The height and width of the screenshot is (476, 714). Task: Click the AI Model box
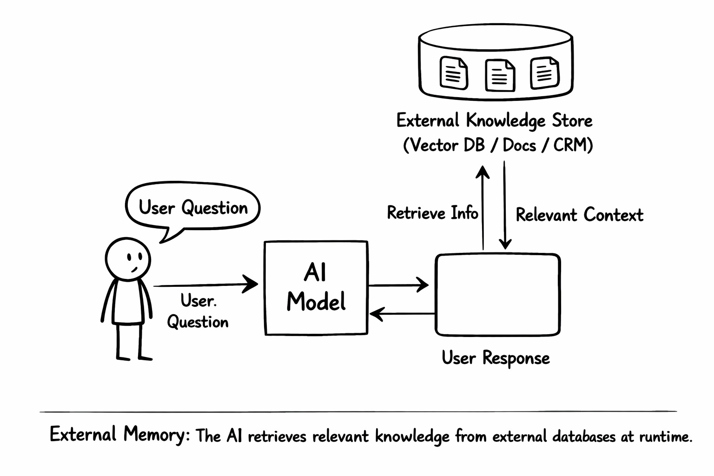316,288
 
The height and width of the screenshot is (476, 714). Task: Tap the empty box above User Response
497,294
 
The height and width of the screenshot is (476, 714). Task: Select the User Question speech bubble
192,207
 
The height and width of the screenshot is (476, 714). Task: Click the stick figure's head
128,259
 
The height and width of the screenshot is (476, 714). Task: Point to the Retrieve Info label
432,213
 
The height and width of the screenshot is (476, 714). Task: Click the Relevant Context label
579,215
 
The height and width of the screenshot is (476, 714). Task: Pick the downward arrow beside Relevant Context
505,205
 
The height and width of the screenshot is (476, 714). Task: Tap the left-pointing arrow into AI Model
402,315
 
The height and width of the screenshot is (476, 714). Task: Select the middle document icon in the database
500,74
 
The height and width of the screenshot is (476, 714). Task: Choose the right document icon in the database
544,73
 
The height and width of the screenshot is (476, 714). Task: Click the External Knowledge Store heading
494,121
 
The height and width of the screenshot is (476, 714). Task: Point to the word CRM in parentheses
569,145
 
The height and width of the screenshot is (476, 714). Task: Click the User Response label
496,358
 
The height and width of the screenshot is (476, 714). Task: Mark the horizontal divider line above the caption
358,411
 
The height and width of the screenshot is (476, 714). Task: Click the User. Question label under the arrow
198,311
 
